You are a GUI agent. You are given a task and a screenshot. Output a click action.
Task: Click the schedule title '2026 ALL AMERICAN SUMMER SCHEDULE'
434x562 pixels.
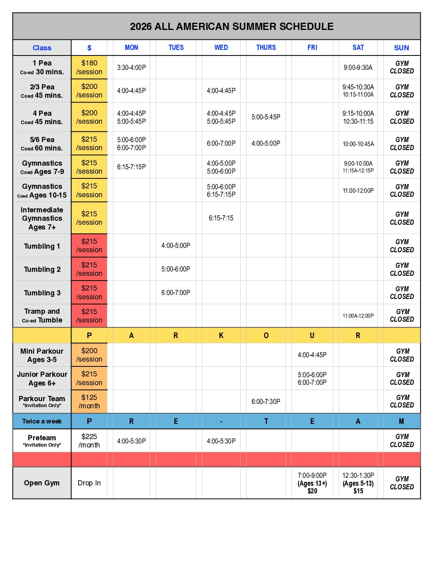(231, 27)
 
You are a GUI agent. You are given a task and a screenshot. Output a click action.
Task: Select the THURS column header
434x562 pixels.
(266, 47)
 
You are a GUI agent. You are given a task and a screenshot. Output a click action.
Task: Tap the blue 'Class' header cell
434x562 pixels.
(42, 48)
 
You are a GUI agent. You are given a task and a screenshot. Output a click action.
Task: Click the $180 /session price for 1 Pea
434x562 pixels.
(89, 67)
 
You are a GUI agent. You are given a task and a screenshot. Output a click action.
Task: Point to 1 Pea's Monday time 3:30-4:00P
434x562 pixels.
(131, 67)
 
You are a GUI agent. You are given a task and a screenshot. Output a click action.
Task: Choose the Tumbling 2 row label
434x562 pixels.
(42, 269)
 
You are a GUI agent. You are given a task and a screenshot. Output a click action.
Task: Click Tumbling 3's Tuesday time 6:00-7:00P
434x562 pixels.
(176, 293)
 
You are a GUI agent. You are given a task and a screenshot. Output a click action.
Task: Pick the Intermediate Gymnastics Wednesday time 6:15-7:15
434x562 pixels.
(221, 218)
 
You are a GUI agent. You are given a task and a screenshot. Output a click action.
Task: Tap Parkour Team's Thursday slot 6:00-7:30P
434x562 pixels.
(266, 402)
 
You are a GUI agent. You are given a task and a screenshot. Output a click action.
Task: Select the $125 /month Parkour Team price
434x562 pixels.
(89, 402)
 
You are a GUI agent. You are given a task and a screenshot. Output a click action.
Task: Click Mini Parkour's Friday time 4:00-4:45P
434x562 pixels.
(312, 355)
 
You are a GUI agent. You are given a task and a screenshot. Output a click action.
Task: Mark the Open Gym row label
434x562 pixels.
(41, 483)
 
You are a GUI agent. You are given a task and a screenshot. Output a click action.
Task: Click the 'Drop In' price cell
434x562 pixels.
(89, 483)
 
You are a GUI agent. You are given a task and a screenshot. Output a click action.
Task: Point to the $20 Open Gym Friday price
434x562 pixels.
(312, 491)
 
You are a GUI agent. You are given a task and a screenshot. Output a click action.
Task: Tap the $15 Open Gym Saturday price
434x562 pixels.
(358, 491)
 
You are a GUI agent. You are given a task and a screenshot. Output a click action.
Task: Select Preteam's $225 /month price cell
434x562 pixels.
(89, 441)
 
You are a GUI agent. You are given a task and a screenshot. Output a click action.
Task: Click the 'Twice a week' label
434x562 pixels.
(42, 421)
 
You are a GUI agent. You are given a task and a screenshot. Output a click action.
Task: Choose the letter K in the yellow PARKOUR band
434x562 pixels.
(221, 336)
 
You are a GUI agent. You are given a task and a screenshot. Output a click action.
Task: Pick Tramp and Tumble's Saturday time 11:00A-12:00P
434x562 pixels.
(358, 316)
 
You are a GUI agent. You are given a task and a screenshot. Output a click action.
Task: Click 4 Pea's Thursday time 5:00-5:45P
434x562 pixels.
(266, 117)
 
